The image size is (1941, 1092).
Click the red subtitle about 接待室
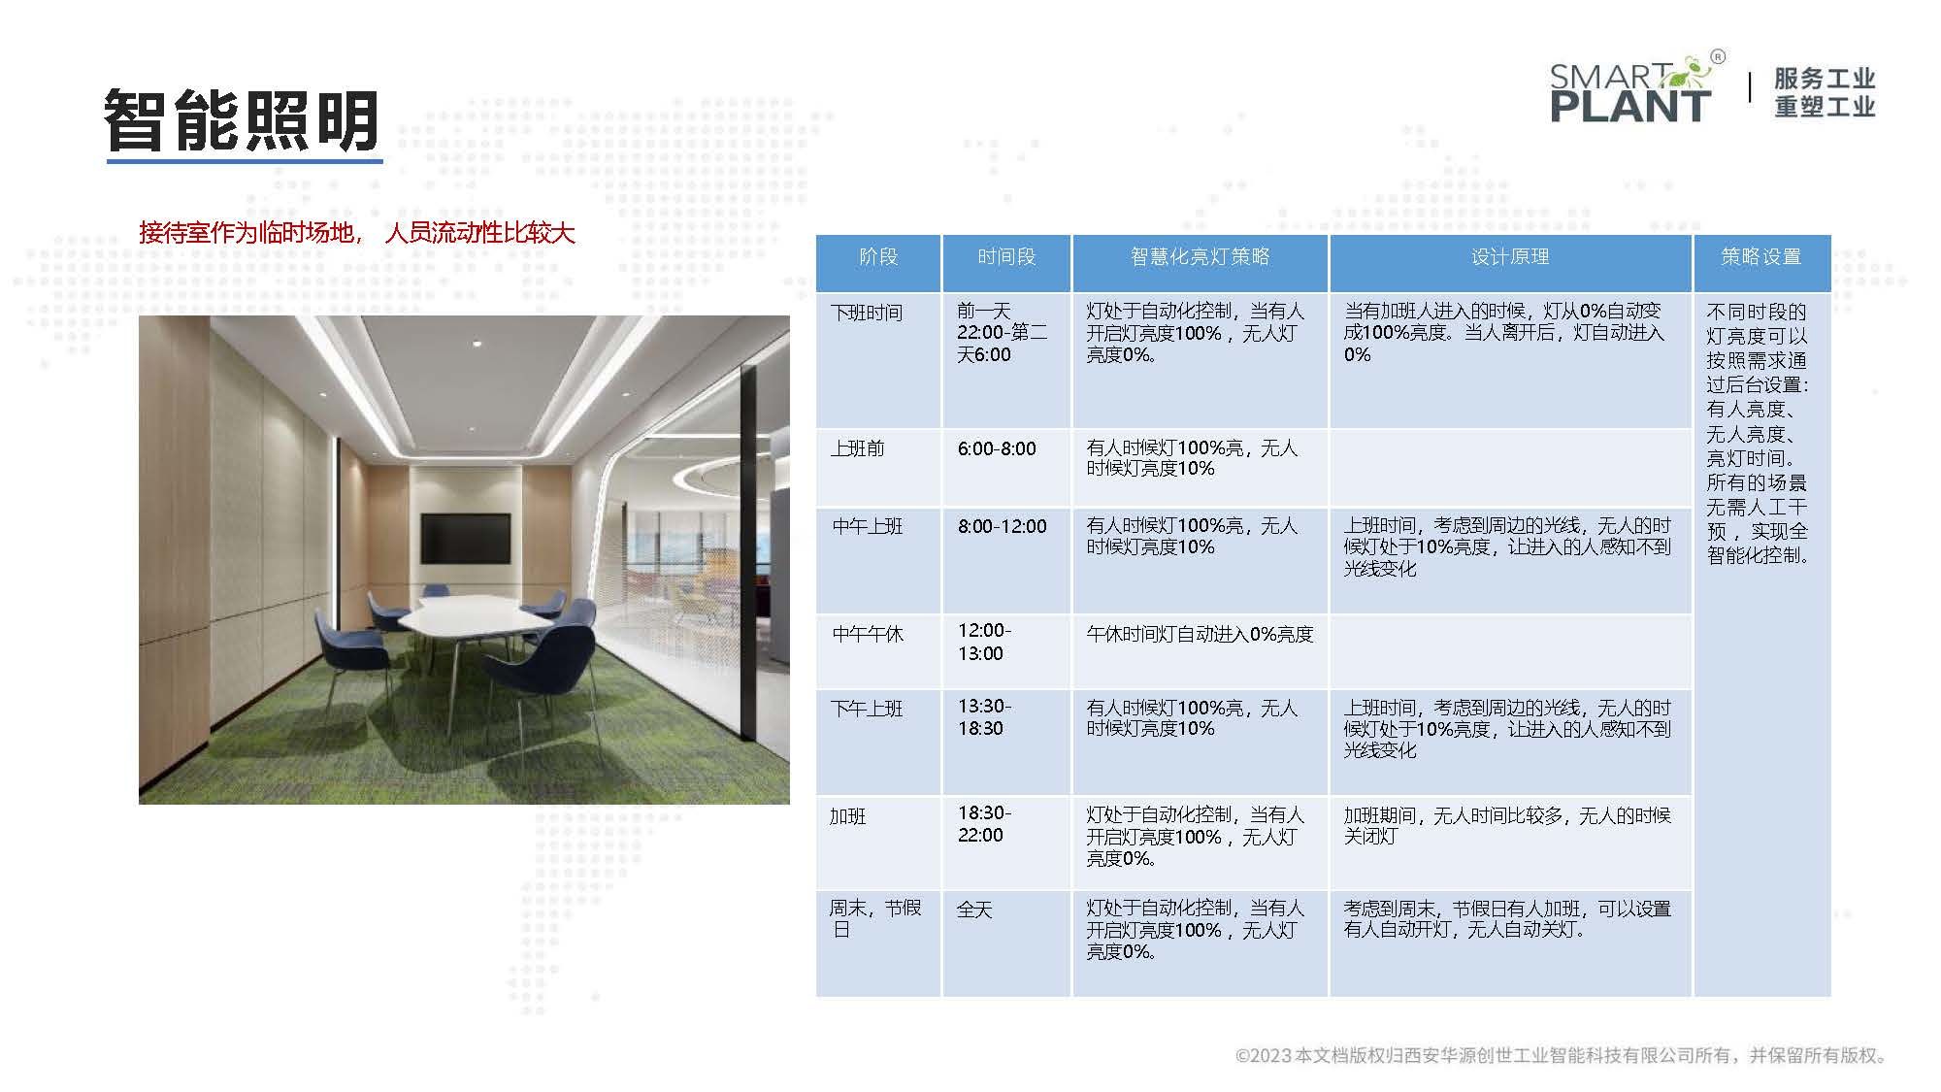tap(357, 232)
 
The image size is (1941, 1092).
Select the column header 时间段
tap(1006, 257)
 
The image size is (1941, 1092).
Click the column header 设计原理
tap(1510, 257)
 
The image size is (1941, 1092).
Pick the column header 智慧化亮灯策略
tap(1200, 257)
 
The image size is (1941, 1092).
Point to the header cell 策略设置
tap(1761, 257)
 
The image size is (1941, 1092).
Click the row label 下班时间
tap(867, 313)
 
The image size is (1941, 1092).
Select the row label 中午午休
tap(868, 634)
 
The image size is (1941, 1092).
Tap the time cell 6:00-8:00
tap(997, 448)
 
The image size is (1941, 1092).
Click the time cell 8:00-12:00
tap(1003, 526)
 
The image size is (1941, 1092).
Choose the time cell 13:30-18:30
tap(984, 717)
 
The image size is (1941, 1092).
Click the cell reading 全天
tap(974, 910)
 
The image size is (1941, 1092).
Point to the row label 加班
tap(847, 816)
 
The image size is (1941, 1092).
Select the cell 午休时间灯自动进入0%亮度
tap(1200, 634)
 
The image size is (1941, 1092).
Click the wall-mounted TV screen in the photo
tap(465, 538)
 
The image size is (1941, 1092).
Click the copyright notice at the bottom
tap(1562, 1055)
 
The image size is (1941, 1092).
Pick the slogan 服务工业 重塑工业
tap(1825, 92)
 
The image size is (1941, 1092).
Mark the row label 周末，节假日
tap(874, 918)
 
